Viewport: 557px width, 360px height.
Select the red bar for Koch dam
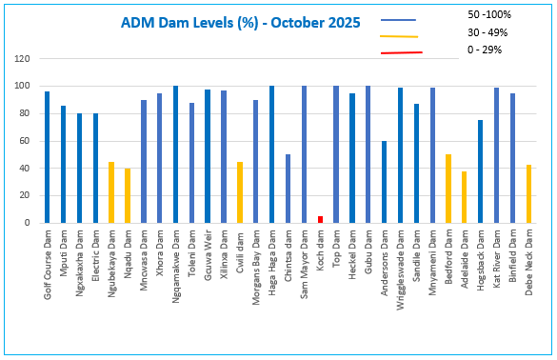(x=320, y=219)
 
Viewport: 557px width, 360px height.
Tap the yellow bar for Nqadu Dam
(x=128, y=196)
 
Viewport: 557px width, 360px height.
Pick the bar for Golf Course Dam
(x=47, y=157)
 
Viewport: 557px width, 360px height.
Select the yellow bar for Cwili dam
(x=239, y=192)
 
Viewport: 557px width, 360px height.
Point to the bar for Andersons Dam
(x=384, y=182)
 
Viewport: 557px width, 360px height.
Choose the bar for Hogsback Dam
(x=480, y=171)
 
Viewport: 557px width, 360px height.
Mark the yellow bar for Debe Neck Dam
(x=527, y=194)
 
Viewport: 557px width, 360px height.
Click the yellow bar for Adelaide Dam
(x=464, y=197)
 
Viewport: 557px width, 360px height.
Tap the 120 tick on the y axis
(x=22, y=59)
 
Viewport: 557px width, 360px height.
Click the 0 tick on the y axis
(x=28, y=223)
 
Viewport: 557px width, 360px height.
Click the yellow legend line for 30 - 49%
(x=400, y=36)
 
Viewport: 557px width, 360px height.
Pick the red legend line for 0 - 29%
(x=400, y=52)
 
